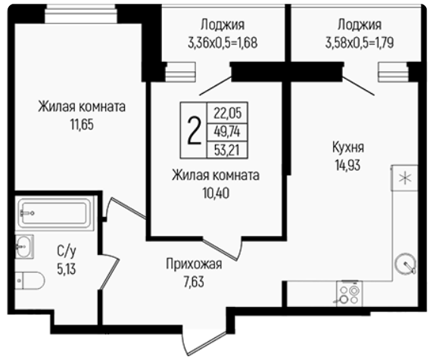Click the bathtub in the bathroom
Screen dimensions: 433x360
(x=55, y=213)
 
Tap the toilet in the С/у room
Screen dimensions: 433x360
(x=30, y=281)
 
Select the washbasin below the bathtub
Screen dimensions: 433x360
(x=24, y=246)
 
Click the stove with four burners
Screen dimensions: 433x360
(x=349, y=294)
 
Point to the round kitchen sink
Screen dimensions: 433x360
(x=406, y=264)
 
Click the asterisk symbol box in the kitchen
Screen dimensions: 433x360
(x=405, y=178)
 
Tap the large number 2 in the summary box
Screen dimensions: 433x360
(x=194, y=130)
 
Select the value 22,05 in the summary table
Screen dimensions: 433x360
(x=228, y=113)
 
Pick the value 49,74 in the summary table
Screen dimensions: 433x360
(x=227, y=132)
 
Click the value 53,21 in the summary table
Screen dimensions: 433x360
(x=227, y=151)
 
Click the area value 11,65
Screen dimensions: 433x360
(x=82, y=125)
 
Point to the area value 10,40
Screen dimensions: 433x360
(x=216, y=194)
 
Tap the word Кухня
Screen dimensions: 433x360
(x=348, y=147)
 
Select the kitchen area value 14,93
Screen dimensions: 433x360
(x=348, y=166)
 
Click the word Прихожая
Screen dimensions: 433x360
(x=194, y=264)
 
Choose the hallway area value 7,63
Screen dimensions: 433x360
(x=194, y=282)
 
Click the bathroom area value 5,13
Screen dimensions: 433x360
(x=67, y=268)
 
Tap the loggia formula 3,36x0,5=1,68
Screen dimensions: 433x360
(x=223, y=43)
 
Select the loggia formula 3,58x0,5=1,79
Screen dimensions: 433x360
(x=360, y=43)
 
